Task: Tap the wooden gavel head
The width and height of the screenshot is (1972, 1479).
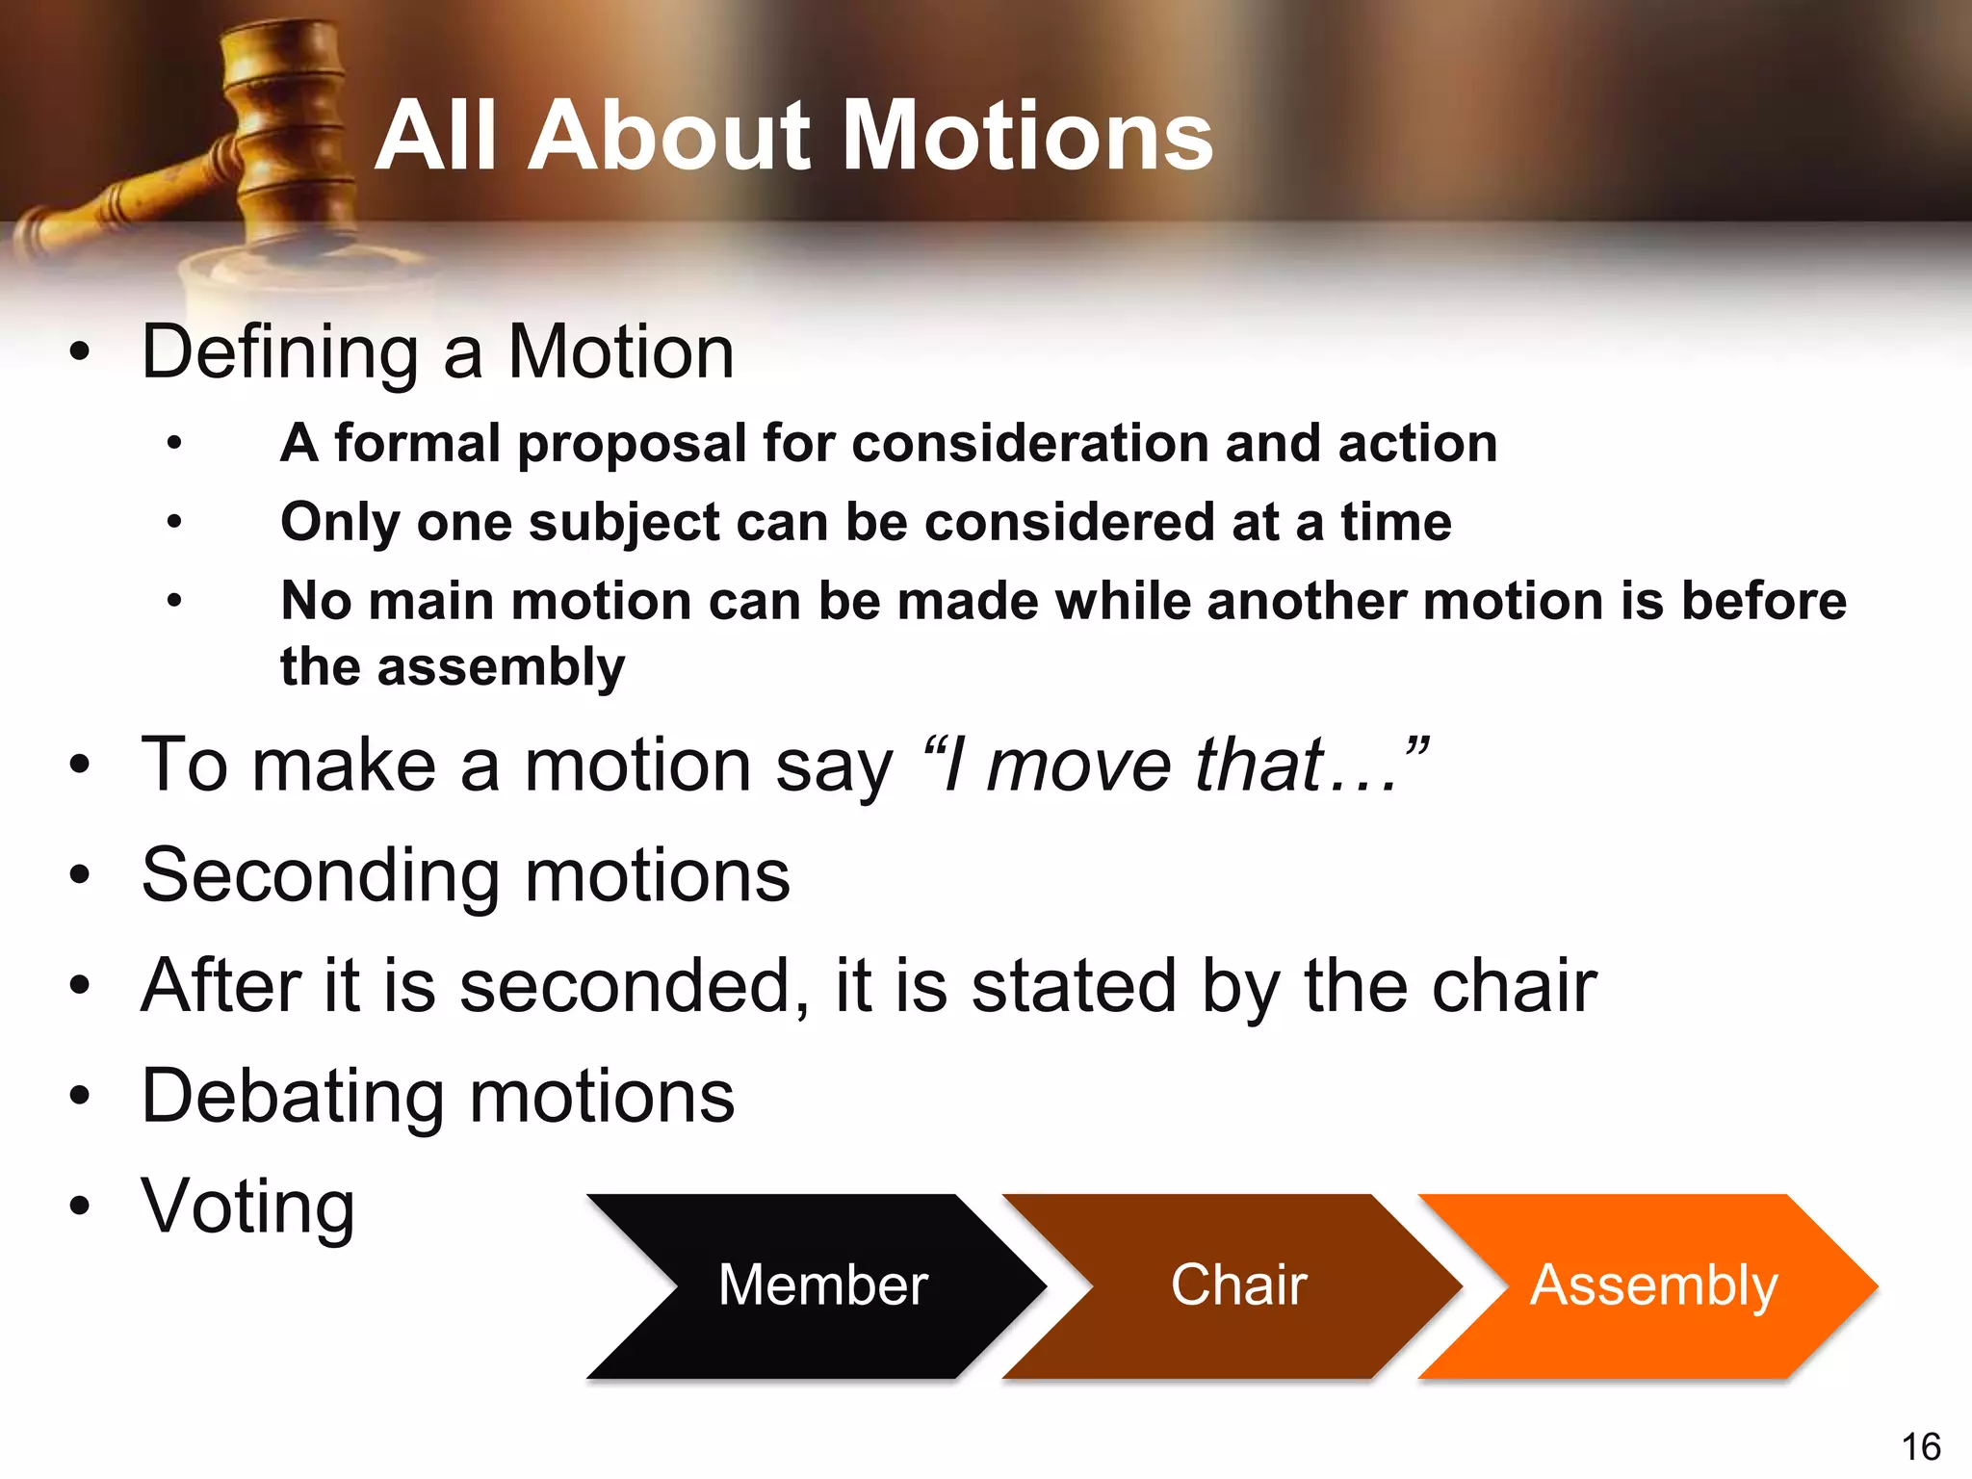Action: click(285, 125)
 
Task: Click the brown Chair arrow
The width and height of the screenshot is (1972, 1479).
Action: click(1238, 1284)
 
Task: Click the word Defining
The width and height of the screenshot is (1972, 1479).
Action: click(279, 352)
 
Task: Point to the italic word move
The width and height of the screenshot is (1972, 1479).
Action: click(1079, 765)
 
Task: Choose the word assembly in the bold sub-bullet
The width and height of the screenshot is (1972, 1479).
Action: click(501, 666)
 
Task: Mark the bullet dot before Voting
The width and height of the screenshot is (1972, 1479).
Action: click(80, 1206)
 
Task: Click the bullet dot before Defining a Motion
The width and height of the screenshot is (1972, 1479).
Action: click(80, 352)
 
